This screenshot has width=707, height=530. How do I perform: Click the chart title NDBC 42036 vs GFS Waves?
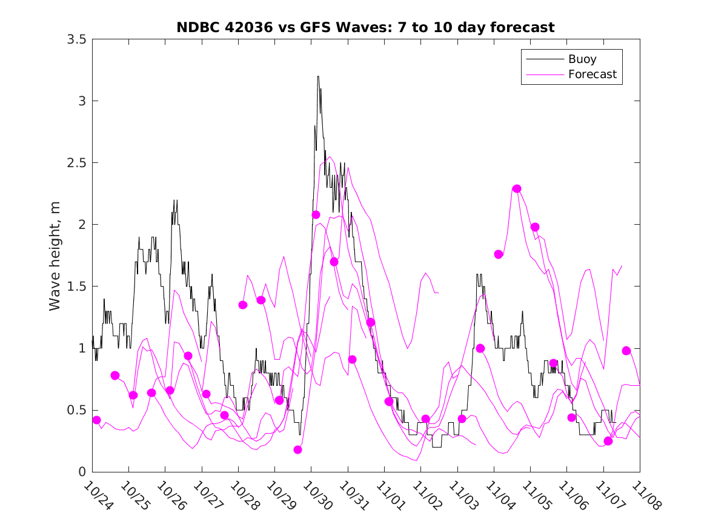pos(365,27)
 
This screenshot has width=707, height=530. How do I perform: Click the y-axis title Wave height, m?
pos(55,255)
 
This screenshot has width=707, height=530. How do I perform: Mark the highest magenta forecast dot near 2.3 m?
pos(517,189)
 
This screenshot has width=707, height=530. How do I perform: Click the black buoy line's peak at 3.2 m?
pos(318,77)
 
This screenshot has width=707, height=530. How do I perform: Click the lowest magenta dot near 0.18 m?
pos(297,449)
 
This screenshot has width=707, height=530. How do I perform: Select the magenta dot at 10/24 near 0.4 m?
pos(96,420)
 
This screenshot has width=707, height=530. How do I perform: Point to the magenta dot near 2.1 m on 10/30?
pos(316,215)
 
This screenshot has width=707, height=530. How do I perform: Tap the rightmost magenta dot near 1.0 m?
pos(626,351)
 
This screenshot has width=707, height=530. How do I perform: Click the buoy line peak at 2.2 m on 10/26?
pos(174,200)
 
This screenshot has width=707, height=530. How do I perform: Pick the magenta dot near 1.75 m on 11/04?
pos(499,254)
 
